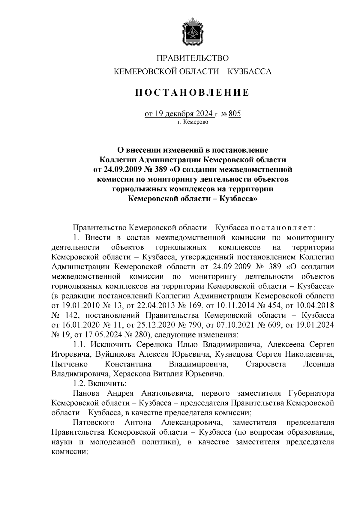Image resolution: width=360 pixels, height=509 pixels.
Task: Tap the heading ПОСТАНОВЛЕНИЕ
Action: tap(192, 92)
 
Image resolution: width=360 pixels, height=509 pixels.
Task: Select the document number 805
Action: tap(235, 114)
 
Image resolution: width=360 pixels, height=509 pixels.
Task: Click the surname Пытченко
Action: tap(70, 364)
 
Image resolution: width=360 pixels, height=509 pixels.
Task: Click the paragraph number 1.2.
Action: tap(80, 384)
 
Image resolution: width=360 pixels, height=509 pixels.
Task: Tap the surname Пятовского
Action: tap(94, 423)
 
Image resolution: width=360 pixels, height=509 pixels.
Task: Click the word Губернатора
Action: tap(311, 393)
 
